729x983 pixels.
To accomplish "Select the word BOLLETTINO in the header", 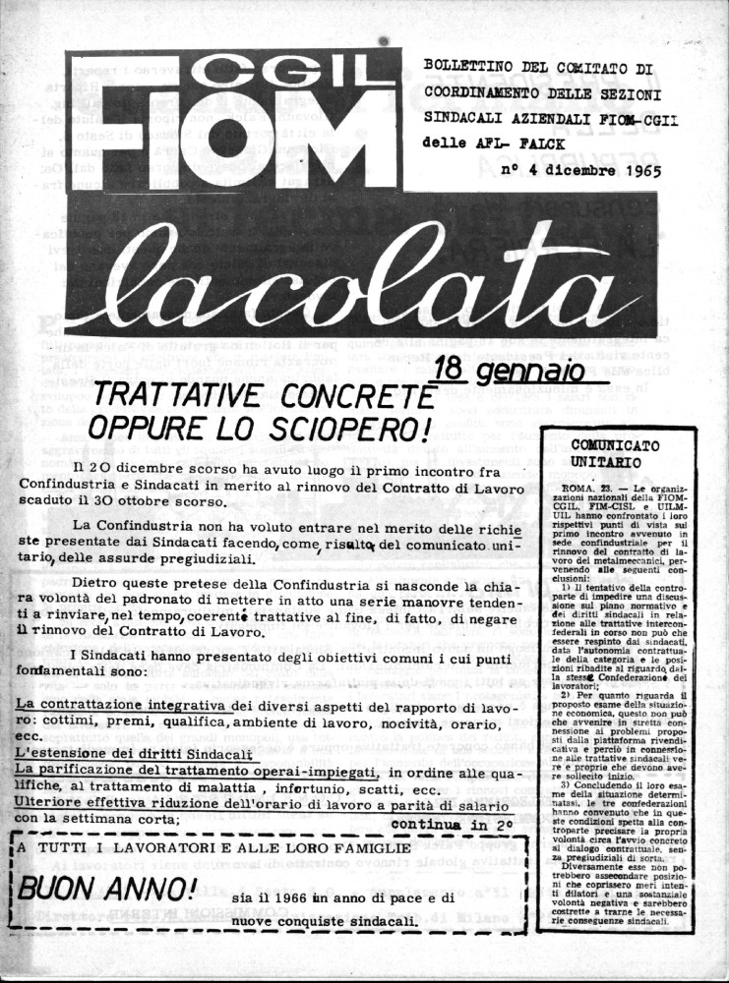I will [x=467, y=67].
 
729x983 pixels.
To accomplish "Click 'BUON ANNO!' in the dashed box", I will [x=108, y=892].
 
